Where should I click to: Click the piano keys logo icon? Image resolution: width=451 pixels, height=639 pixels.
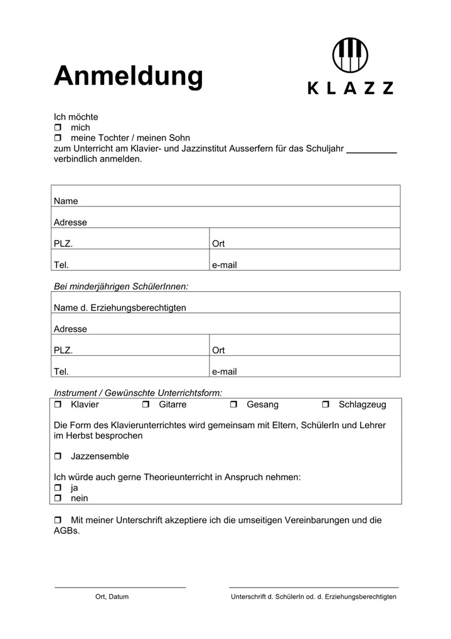pos(351,55)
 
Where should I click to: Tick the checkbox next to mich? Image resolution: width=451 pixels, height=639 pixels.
pos(58,127)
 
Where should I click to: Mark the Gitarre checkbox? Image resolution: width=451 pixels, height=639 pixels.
pos(146,405)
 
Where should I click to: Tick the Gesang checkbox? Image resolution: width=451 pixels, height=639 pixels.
pos(234,405)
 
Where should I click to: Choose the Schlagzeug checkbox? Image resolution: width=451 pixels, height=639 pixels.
pos(326,405)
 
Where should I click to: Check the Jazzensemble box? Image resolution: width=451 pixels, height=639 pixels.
pos(58,456)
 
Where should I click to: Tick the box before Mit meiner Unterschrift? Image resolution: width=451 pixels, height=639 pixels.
pos(58,520)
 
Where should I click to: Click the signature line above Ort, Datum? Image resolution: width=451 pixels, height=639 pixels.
pos(120,588)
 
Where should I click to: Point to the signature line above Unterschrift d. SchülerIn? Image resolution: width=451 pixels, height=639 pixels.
pos(314,588)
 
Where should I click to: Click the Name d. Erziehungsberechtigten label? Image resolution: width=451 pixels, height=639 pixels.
pos(120,308)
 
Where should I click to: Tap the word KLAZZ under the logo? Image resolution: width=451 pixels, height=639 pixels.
pos(351,89)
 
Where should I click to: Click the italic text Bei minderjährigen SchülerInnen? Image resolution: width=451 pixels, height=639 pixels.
pos(121,287)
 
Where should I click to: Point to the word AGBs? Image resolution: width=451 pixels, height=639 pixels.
pos(67,530)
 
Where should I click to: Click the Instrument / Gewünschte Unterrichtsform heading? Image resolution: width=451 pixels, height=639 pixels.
pos(138,393)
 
